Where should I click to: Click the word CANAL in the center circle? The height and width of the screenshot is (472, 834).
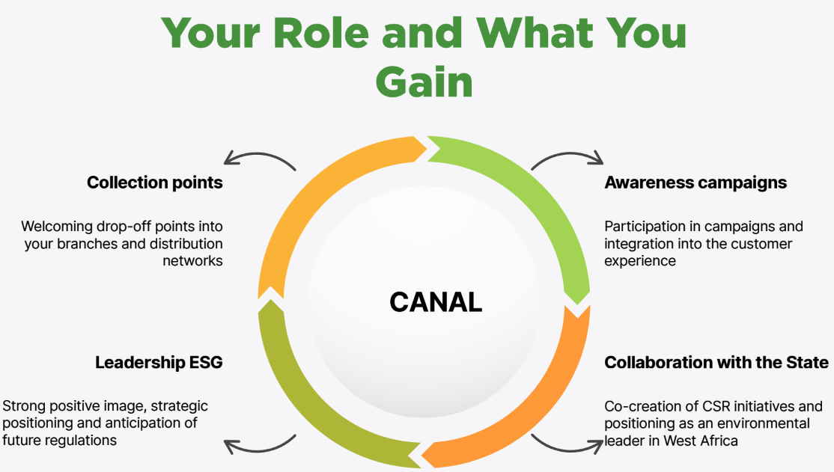[x=436, y=302]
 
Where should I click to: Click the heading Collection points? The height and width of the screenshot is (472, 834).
[x=155, y=183]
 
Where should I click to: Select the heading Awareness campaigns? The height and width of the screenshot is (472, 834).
[x=695, y=183]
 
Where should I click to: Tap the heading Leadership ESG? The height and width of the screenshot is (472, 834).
[x=159, y=363]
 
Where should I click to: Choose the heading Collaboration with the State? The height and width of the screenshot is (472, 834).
[x=716, y=363]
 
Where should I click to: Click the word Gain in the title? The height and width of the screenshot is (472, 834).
[x=424, y=82]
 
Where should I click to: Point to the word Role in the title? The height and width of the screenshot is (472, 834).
[x=320, y=33]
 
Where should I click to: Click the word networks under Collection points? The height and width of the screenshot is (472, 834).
[x=192, y=261]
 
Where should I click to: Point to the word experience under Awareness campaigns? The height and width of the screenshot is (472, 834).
[x=640, y=262]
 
